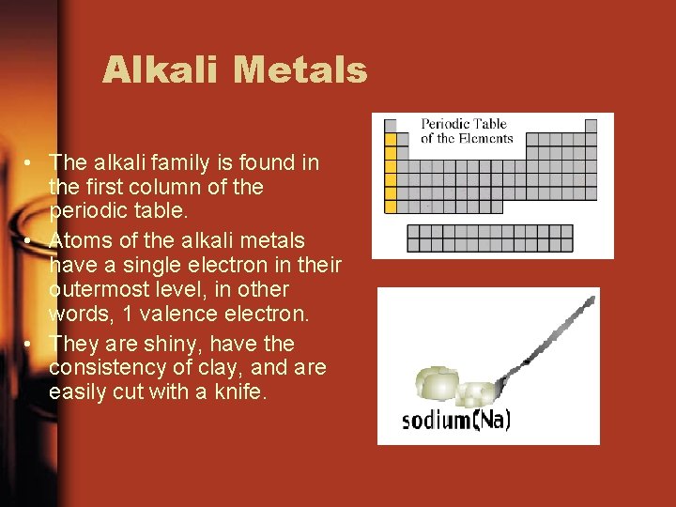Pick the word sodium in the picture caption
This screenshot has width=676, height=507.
(436, 420)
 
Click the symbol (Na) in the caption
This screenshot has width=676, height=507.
(491, 419)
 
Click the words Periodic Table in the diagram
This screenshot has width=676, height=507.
(464, 124)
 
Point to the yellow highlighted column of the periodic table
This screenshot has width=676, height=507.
(392, 174)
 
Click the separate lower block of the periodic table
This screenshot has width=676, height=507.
(489, 238)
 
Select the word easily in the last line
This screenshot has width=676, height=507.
(78, 392)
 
